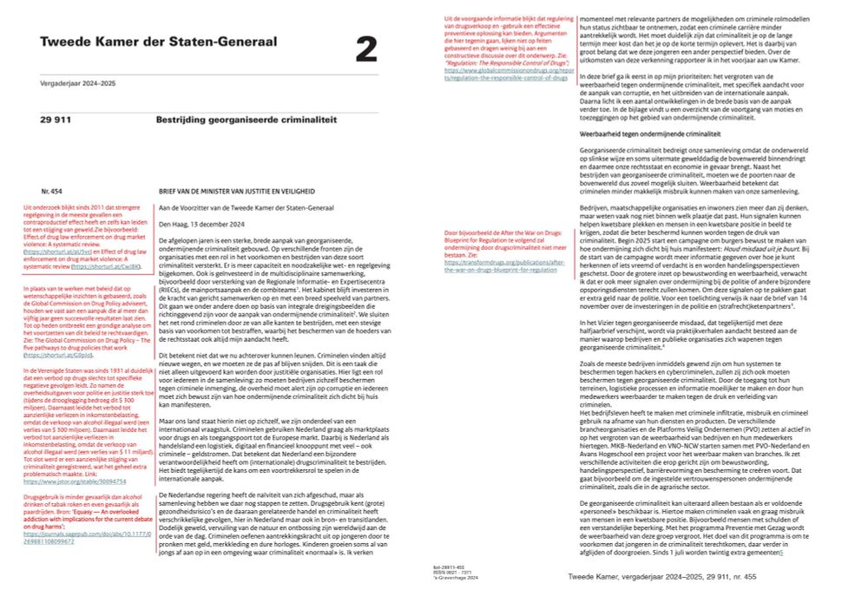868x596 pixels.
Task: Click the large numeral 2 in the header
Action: coord(366,49)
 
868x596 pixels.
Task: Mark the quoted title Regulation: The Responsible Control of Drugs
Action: coord(495,63)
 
